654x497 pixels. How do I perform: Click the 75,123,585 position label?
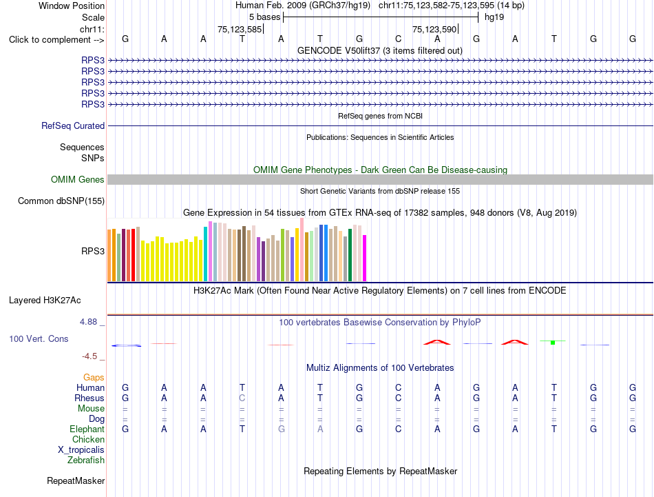[x=240, y=29]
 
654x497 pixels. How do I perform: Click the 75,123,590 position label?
[x=434, y=29]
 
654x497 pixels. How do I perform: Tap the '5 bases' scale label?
[x=264, y=17]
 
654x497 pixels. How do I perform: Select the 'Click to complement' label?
[x=50, y=40]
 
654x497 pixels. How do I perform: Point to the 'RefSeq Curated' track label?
[x=73, y=125]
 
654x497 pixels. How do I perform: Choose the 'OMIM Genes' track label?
[x=78, y=180]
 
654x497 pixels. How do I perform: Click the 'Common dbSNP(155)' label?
[x=61, y=201]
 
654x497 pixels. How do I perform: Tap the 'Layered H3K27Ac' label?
[x=45, y=301]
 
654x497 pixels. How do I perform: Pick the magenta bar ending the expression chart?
[x=365, y=258]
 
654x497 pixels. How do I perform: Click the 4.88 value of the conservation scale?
[x=88, y=322]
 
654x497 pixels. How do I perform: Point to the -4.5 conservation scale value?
[x=89, y=356]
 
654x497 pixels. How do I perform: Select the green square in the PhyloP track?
[x=553, y=343]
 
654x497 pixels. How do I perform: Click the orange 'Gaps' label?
[x=94, y=378]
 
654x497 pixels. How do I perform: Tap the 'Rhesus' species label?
[x=89, y=398]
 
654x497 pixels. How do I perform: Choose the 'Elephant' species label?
[x=87, y=429]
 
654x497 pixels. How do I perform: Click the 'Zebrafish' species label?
[x=86, y=460]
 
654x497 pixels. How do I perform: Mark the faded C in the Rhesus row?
[x=242, y=398]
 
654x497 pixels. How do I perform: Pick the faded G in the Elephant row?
[x=281, y=429]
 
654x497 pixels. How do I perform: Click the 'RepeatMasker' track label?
[x=76, y=480]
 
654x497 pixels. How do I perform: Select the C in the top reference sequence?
[x=399, y=39]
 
